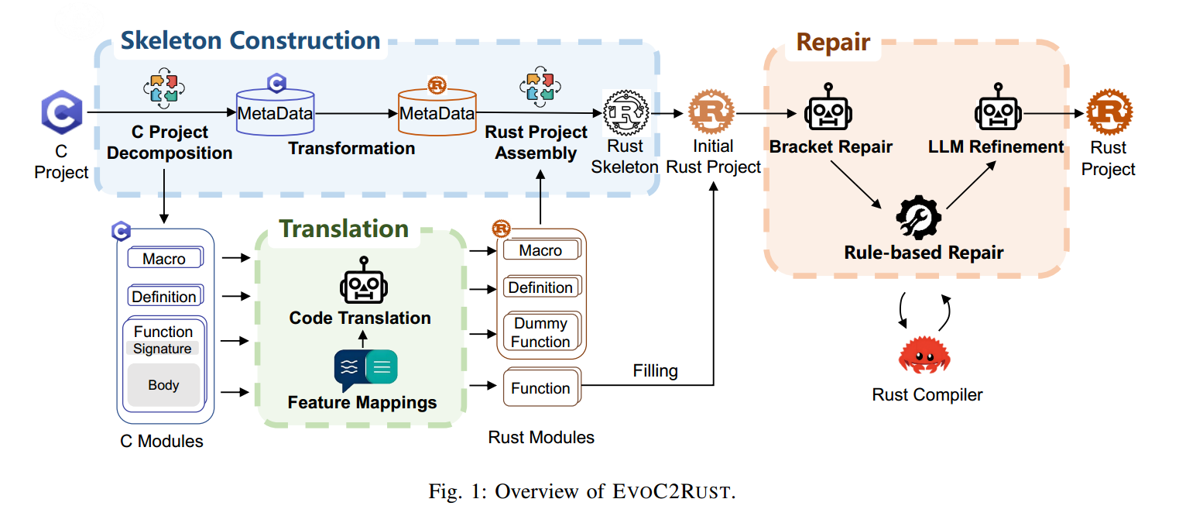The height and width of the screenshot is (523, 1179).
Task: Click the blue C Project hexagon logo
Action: pos(62,112)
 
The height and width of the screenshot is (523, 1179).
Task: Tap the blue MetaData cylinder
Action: pos(276,112)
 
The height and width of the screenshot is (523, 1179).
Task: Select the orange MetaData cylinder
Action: pos(437,112)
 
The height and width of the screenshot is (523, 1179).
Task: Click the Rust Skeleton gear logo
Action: pos(625,112)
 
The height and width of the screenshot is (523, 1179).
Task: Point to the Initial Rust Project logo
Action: pos(711,112)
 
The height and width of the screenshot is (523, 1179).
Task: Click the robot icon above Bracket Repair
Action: pos(828,107)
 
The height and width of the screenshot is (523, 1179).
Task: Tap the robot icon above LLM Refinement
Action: pos(998,107)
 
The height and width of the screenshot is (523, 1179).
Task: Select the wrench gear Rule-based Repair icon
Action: pos(918,218)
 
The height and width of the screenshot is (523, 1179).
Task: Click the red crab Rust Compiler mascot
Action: pos(924,354)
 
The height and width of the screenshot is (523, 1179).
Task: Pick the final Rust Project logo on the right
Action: pos(1109,112)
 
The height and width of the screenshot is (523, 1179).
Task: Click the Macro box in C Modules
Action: pos(165,258)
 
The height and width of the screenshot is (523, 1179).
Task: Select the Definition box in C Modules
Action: pos(165,295)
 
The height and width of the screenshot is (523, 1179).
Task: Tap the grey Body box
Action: pos(163,385)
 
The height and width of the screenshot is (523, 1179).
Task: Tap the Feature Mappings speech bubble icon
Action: pos(365,370)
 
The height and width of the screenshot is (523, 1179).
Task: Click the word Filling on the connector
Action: pos(655,371)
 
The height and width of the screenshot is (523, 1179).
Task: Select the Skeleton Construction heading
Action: pos(251,40)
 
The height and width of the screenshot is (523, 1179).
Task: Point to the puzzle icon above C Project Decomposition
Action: pos(163,88)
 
